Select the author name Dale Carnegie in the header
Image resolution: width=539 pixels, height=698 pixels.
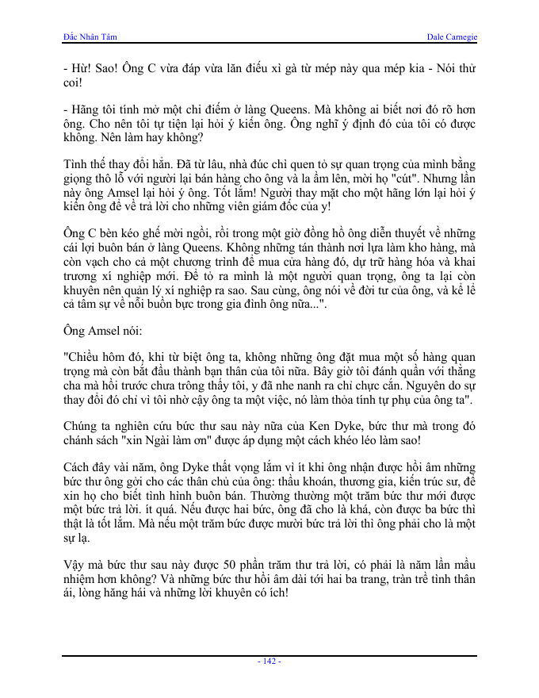(x=451, y=37)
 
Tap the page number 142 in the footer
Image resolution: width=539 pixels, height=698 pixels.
(x=269, y=662)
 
